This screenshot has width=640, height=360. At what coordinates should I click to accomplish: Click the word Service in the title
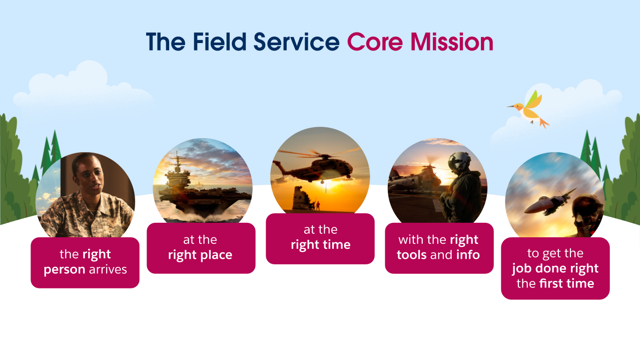pos(296,42)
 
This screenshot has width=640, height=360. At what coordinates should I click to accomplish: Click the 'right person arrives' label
pos(85,262)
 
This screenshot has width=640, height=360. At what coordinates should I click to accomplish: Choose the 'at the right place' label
pos(201,248)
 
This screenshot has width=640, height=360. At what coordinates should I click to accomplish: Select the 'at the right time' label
pos(320,238)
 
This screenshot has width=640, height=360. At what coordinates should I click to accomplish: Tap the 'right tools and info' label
pos(439,248)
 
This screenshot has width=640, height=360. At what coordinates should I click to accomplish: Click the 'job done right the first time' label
pos(555,268)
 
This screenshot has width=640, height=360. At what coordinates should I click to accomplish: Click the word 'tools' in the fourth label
pos(412,255)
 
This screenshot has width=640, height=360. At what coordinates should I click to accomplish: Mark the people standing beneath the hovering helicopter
pos(316,205)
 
